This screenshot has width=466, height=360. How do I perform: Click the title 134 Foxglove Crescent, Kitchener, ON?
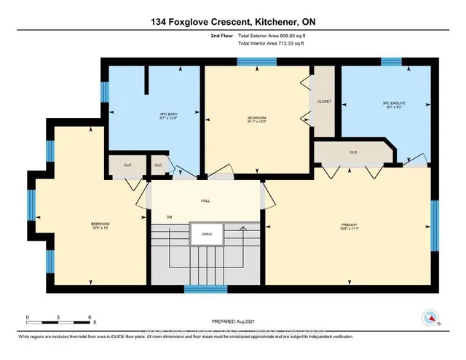point(232,21)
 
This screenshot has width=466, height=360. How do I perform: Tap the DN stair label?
point(169,216)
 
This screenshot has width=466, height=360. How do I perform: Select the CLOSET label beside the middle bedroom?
point(324,101)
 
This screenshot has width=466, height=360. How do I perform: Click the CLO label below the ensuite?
point(353,152)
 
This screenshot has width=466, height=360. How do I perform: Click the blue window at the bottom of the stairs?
point(205,288)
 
